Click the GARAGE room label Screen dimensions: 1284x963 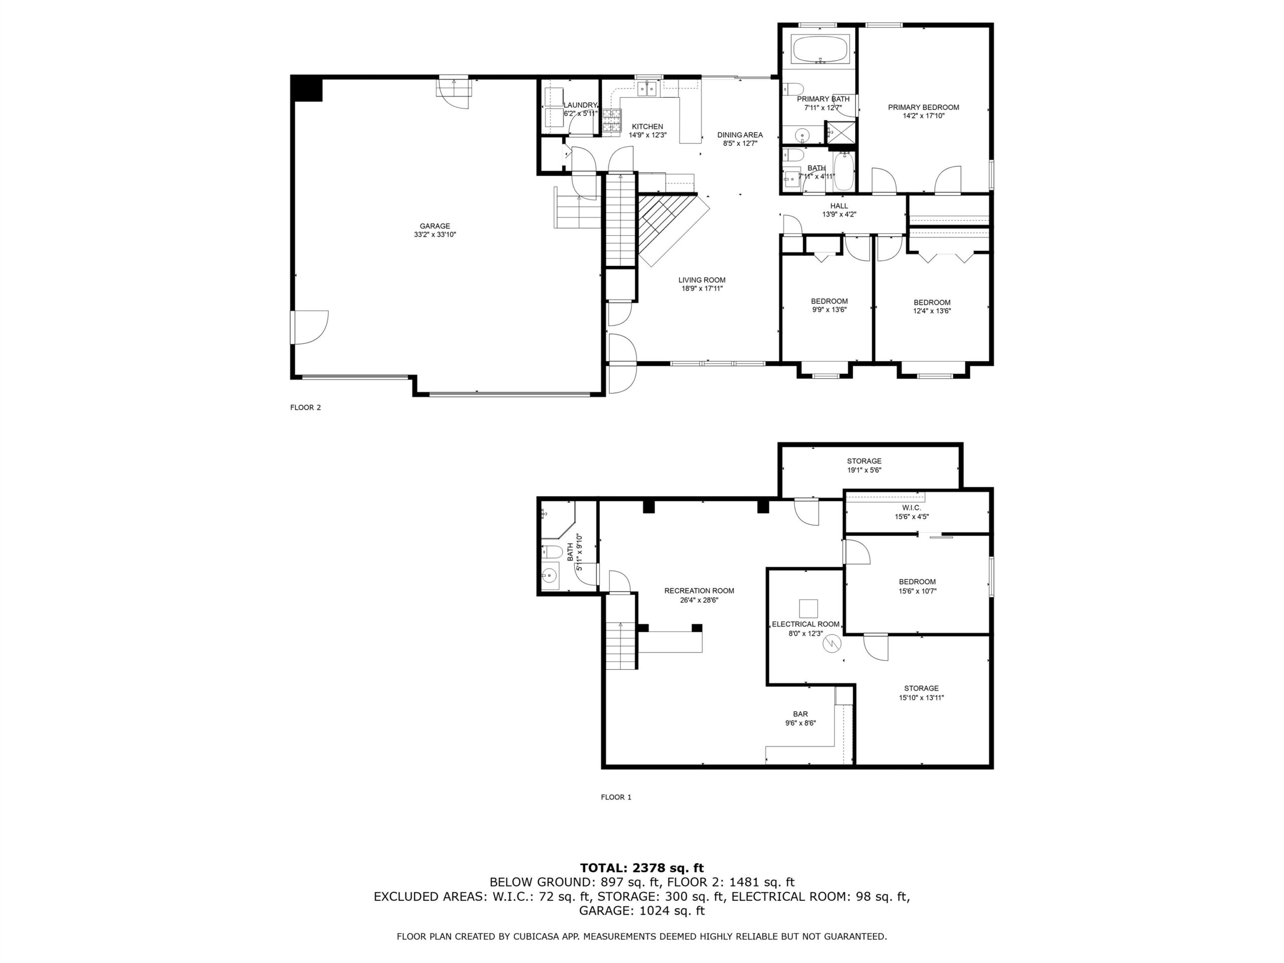tap(435, 226)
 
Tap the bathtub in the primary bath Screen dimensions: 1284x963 tap(820, 50)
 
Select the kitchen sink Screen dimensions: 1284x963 tap(648, 89)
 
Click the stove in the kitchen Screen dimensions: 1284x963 tap(611, 121)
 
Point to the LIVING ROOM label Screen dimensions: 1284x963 tap(702, 280)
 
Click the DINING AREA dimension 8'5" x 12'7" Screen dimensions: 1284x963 tap(740, 143)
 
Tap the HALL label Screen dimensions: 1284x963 tap(839, 206)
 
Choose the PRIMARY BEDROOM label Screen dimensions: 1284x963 tap(923, 107)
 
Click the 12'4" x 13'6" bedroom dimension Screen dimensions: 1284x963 tap(932, 310)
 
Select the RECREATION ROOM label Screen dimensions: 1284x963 tap(700, 591)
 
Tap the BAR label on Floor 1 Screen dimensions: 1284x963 tap(800, 715)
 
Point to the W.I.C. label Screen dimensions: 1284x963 tap(911, 508)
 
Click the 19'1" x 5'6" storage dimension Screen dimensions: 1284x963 tap(864, 470)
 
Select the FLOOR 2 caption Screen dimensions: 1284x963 tap(305, 407)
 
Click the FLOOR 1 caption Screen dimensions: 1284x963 tap(616, 797)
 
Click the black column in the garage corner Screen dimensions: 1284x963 tap(306, 89)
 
